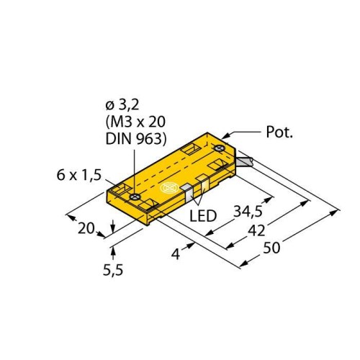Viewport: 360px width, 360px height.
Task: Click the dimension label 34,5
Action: (248, 212)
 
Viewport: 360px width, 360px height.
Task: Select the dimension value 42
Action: (256, 230)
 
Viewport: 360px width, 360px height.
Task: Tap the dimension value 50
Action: (271, 248)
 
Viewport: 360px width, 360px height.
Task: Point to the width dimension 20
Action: (86, 228)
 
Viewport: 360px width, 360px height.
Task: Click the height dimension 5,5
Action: (113, 270)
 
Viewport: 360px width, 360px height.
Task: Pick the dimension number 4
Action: (176, 254)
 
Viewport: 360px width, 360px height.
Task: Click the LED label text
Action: (203, 216)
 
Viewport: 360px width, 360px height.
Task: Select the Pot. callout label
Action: (279, 132)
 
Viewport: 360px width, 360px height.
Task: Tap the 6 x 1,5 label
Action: (79, 175)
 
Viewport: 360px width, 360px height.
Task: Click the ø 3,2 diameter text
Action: (122, 105)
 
